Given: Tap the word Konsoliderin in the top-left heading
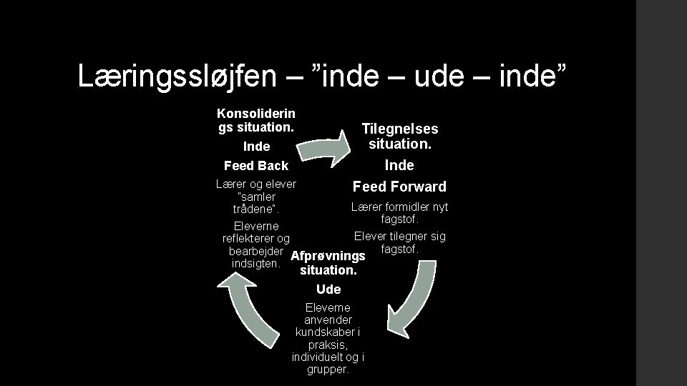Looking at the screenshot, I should click(256, 114).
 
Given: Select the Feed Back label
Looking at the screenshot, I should click(256, 166).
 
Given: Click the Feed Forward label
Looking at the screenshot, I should click(399, 187).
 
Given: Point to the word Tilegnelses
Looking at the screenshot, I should click(400, 129).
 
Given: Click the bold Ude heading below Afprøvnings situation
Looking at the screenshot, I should click(328, 289).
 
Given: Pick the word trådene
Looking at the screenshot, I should click(255, 209).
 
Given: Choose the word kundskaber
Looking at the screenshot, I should click(324, 333).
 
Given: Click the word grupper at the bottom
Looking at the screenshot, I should click(327, 370).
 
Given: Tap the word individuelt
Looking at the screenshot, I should click(318, 357).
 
